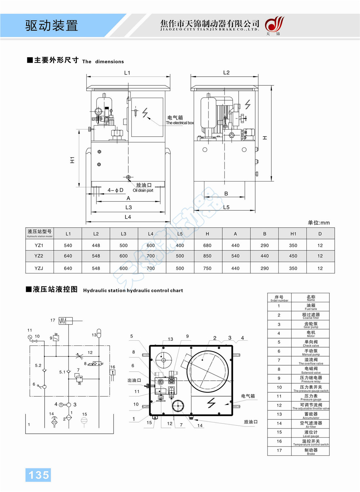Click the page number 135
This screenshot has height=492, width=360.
tap(38, 475)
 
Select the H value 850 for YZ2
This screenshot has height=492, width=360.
tap(207, 256)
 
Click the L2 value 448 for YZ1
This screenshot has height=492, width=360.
tap(96, 246)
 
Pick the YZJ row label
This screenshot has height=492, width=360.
tap(39, 268)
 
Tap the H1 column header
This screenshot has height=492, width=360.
tap(293, 234)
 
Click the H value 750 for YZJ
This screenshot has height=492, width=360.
tap(207, 268)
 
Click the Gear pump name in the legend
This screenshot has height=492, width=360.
tap(311, 325)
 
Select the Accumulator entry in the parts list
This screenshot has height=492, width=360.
tap(311, 415)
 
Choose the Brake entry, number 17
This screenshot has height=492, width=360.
tap(311, 451)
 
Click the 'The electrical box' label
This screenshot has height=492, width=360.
tap(180, 123)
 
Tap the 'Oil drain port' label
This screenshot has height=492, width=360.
tap(143, 190)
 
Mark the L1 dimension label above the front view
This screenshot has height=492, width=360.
tap(127, 73)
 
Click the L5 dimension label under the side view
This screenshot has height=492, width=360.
tap(226, 207)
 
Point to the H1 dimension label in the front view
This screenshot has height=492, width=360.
tap(72, 160)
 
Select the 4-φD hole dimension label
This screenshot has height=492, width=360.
tap(115, 190)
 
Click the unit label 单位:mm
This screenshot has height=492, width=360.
tap(319, 223)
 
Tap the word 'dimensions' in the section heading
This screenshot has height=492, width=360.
tap(109, 62)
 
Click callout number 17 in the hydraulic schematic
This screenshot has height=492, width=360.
tap(53, 320)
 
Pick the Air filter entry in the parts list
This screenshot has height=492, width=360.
tap(311, 424)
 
